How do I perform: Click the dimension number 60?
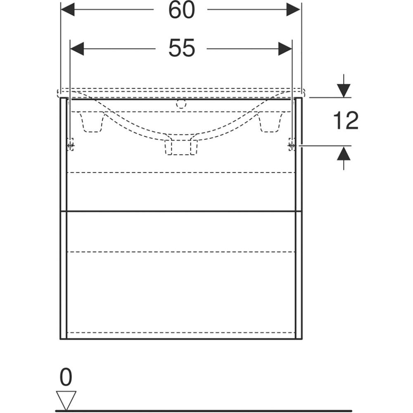click(181, 10)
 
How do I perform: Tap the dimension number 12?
click(346, 120)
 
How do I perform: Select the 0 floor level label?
click(66, 377)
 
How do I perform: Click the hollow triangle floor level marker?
click(66, 401)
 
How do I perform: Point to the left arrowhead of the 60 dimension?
click(68, 10)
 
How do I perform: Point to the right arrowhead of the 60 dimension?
click(293, 10)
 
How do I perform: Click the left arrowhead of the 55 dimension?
click(77, 49)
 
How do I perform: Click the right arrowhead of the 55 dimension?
click(285, 49)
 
